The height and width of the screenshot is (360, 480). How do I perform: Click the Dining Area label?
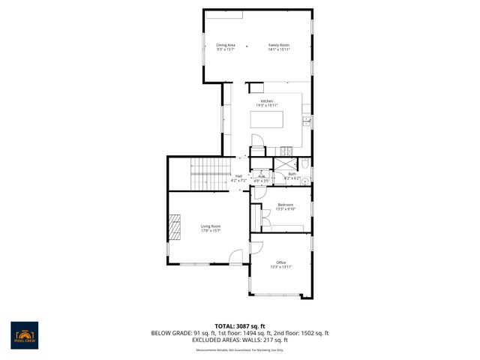pyautogui.click(x=226, y=45)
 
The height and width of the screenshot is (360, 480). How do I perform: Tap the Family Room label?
pyautogui.click(x=279, y=45)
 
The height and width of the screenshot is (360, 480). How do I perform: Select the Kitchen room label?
pyautogui.click(x=267, y=101)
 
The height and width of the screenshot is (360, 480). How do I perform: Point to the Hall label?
pyautogui.click(x=238, y=175)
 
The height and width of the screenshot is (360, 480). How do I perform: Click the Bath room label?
pyautogui.click(x=292, y=174)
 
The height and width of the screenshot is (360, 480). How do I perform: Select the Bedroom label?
pyautogui.click(x=286, y=205)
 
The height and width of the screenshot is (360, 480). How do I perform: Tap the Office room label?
pyautogui.click(x=281, y=262)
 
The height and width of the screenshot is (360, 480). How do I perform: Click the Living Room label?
pyautogui.click(x=211, y=226)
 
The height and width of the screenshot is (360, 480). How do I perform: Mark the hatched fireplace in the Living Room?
pyautogui.click(x=174, y=226)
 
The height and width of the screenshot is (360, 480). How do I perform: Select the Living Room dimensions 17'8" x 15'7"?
pyautogui.click(x=211, y=230)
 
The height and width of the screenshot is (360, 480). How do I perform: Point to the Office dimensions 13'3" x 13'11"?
pyautogui.click(x=281, y=267)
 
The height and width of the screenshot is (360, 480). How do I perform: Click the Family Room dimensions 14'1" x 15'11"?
pyautogui.click(x=279, y=49)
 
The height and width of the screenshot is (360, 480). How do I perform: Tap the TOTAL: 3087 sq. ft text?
pyautogui.click(x=240, y=325)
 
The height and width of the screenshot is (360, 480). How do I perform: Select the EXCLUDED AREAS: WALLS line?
pyautogui.click(x=240, y=340)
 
